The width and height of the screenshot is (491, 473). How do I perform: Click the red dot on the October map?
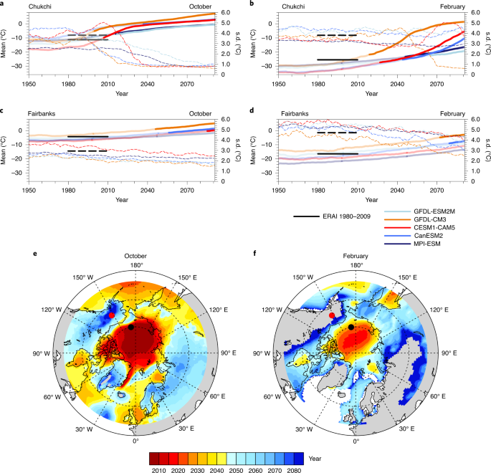coord(112,315)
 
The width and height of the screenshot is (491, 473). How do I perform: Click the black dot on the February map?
coord(351,327)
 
